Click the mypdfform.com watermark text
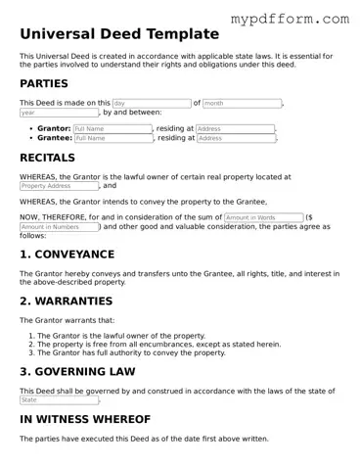[302, 19]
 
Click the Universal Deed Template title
[118, 33]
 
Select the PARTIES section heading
[44, 84]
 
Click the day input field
[151, 103]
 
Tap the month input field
[241, 103]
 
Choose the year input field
[59, 113]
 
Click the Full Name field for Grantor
[112, 128]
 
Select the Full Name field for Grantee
[112, 138]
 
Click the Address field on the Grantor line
[235, 128]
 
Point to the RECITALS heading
[47, 158]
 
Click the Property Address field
[59, 186]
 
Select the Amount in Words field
[262, 217]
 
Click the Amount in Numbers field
[59, 227]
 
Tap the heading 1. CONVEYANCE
[67, 255]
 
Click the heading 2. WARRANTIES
[66, 302]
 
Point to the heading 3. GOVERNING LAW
[78, 372]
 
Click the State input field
[59, 399]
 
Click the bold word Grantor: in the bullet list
[54, 128]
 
